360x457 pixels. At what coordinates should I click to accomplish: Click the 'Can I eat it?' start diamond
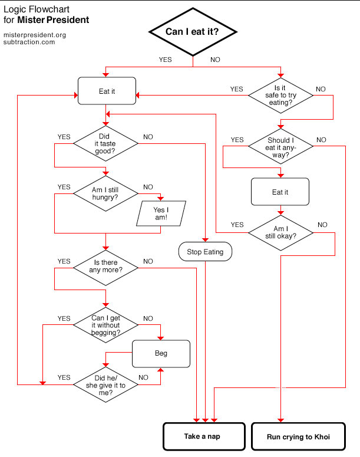point(193,32)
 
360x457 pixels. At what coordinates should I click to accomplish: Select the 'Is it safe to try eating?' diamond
point(280,96)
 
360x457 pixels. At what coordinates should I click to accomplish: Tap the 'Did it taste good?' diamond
point(105,143)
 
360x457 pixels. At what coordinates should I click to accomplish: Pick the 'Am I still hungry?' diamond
point(105,193)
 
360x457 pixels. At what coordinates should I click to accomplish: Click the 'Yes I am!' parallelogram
point(161,213)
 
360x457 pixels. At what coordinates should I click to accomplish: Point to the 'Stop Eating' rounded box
point(206,252)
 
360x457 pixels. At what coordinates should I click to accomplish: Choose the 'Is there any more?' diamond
point(105,268)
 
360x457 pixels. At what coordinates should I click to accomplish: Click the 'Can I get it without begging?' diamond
point(105,325)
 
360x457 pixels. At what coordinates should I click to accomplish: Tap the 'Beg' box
point(161,354)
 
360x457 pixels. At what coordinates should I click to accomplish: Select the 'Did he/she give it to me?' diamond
point(105,384)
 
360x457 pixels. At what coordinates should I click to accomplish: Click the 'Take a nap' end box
point(204,436)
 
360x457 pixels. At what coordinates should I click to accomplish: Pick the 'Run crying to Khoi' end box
point(298,436)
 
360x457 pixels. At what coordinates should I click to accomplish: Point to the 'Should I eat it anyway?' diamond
point(280,146)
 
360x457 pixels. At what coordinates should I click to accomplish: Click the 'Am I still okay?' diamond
point(280,232)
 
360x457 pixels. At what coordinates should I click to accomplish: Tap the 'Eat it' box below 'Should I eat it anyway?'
point(280,192)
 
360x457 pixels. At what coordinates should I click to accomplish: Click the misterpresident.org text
point(35,35)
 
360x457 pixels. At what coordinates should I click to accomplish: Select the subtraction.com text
point(29,42)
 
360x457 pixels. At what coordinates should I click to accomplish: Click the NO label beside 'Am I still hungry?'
point(148,187)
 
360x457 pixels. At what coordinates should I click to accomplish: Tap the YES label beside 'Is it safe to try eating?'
point(236,89)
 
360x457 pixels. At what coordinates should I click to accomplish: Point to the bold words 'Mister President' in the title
point(53,20)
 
